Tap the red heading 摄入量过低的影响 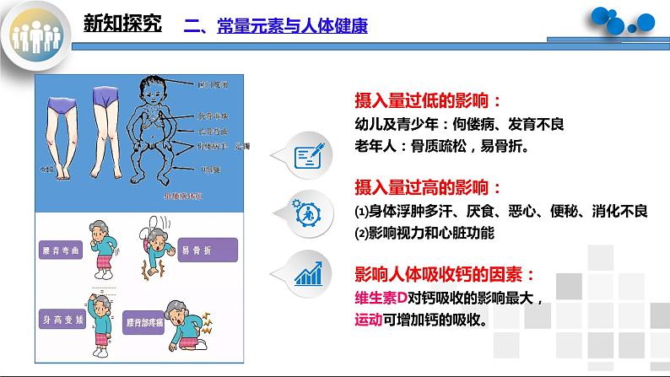coord(427,101)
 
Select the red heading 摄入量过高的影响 coord(427,186)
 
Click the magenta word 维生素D coord(383,298)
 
